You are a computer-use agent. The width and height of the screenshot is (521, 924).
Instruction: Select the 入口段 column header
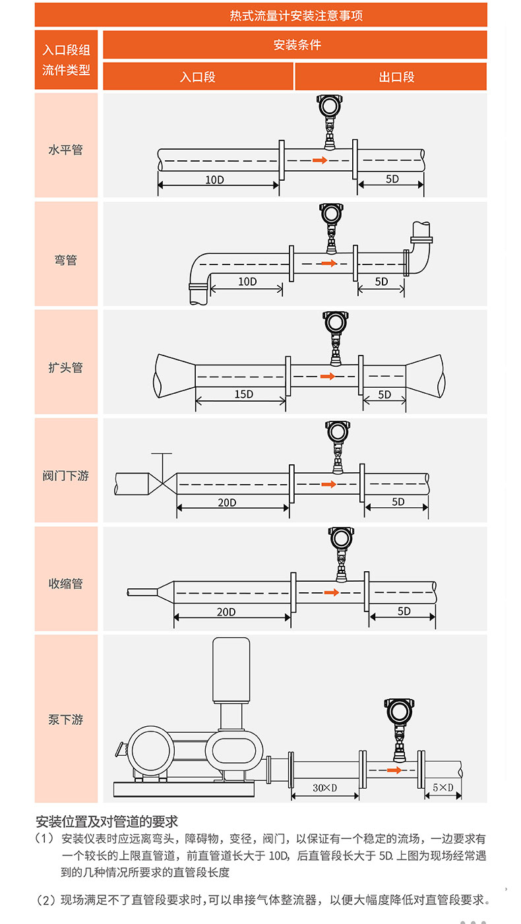tap(198, 77)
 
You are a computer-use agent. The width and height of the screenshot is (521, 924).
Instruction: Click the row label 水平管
tap(66, 150)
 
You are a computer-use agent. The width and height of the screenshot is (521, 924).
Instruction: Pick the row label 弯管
tap(66, 260)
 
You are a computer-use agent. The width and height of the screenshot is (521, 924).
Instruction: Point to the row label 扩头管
tap(66, 367)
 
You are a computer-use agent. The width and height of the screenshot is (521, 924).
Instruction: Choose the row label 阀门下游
tap(66, 476)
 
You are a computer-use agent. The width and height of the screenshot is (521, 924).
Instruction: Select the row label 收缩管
tap(66, 584)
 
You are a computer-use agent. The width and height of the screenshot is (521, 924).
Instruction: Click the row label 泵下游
tap(66, 720)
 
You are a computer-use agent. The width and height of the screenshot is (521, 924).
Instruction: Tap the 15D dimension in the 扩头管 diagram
tap(243, 394)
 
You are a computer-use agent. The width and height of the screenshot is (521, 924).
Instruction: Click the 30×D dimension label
tap(324, 787)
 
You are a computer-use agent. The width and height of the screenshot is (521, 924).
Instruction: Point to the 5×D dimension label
tap(443, 787)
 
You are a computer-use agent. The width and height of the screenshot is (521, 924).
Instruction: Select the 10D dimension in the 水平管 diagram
tap(214, 179)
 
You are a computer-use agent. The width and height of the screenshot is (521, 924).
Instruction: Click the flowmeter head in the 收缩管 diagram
tap(341, 540)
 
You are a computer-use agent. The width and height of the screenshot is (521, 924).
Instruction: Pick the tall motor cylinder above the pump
tap(230, 669)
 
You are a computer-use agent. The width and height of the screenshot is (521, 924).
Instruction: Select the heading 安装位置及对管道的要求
tap(107, 822)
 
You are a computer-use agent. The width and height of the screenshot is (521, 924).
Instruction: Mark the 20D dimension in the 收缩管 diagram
tap(226, 612)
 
